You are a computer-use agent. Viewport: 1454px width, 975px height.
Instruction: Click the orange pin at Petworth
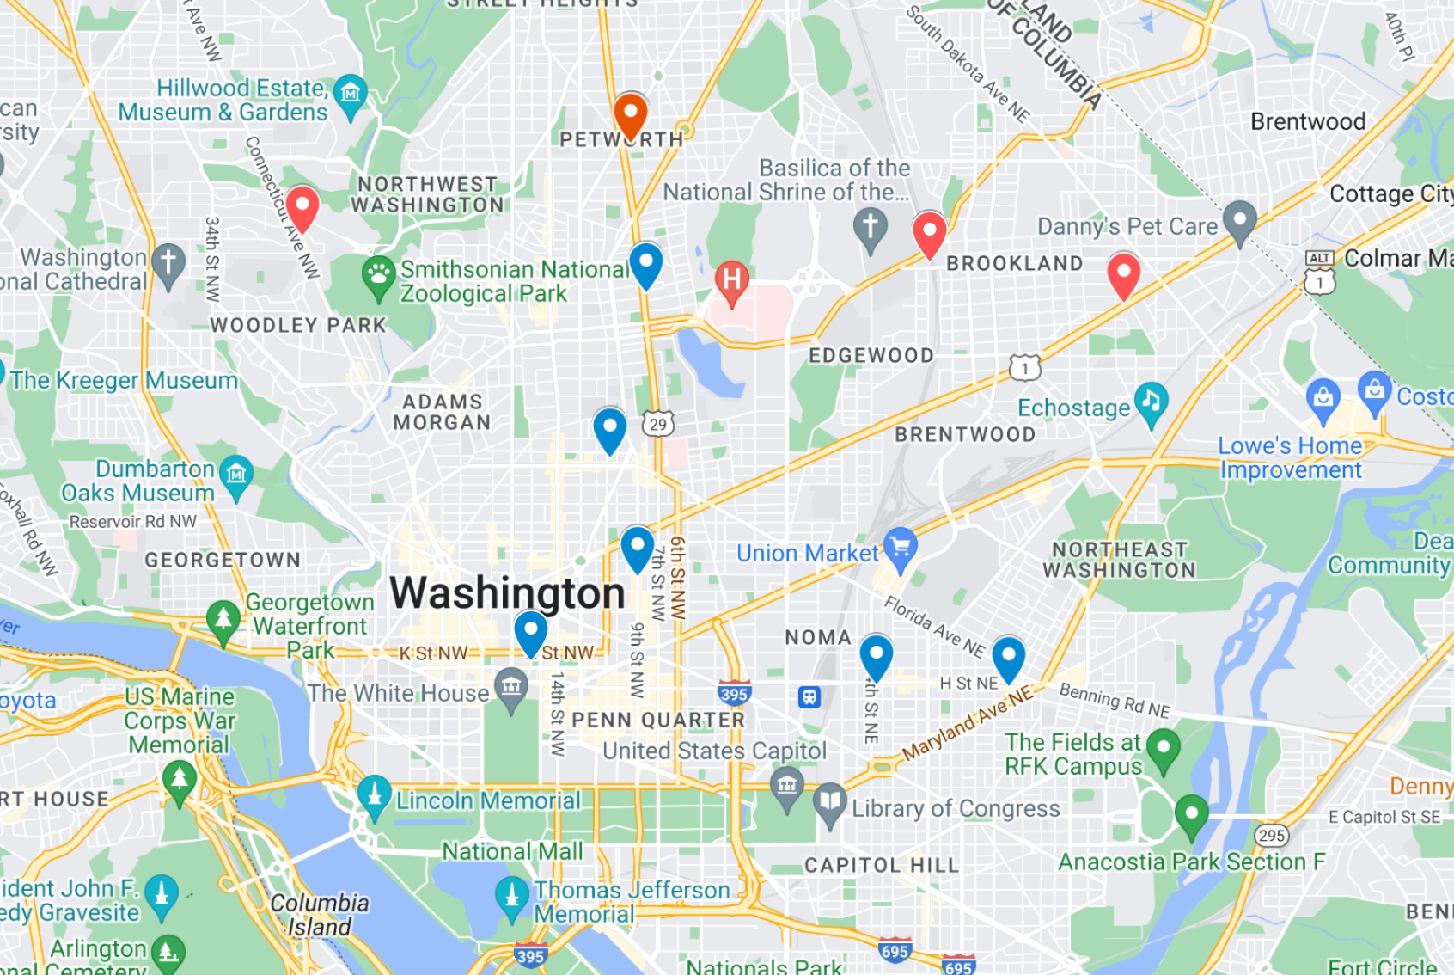point(630,115)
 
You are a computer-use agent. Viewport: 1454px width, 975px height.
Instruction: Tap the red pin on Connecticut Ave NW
point(302,207)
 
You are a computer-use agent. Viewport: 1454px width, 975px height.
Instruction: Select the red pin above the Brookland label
point(929,232)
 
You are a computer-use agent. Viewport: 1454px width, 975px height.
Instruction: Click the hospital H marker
point(732,280)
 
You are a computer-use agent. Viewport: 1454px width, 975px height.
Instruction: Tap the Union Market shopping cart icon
point(900,548)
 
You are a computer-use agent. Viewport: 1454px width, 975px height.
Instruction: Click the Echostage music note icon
point(1151,402)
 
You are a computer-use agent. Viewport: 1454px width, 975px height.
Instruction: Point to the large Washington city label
point(507,593)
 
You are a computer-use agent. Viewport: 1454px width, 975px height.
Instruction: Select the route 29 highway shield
point(657,424)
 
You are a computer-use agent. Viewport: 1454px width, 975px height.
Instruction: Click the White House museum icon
point(511,689)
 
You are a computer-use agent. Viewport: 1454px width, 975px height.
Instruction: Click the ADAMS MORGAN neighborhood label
point(442,412)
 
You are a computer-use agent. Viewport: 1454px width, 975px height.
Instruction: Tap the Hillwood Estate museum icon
point(350,93)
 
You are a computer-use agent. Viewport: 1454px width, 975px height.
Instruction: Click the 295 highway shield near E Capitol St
point(1271,836)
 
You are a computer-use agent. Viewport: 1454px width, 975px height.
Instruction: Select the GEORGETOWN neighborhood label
point(223,560)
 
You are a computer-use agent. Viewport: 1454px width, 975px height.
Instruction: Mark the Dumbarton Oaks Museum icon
point(236,475)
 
